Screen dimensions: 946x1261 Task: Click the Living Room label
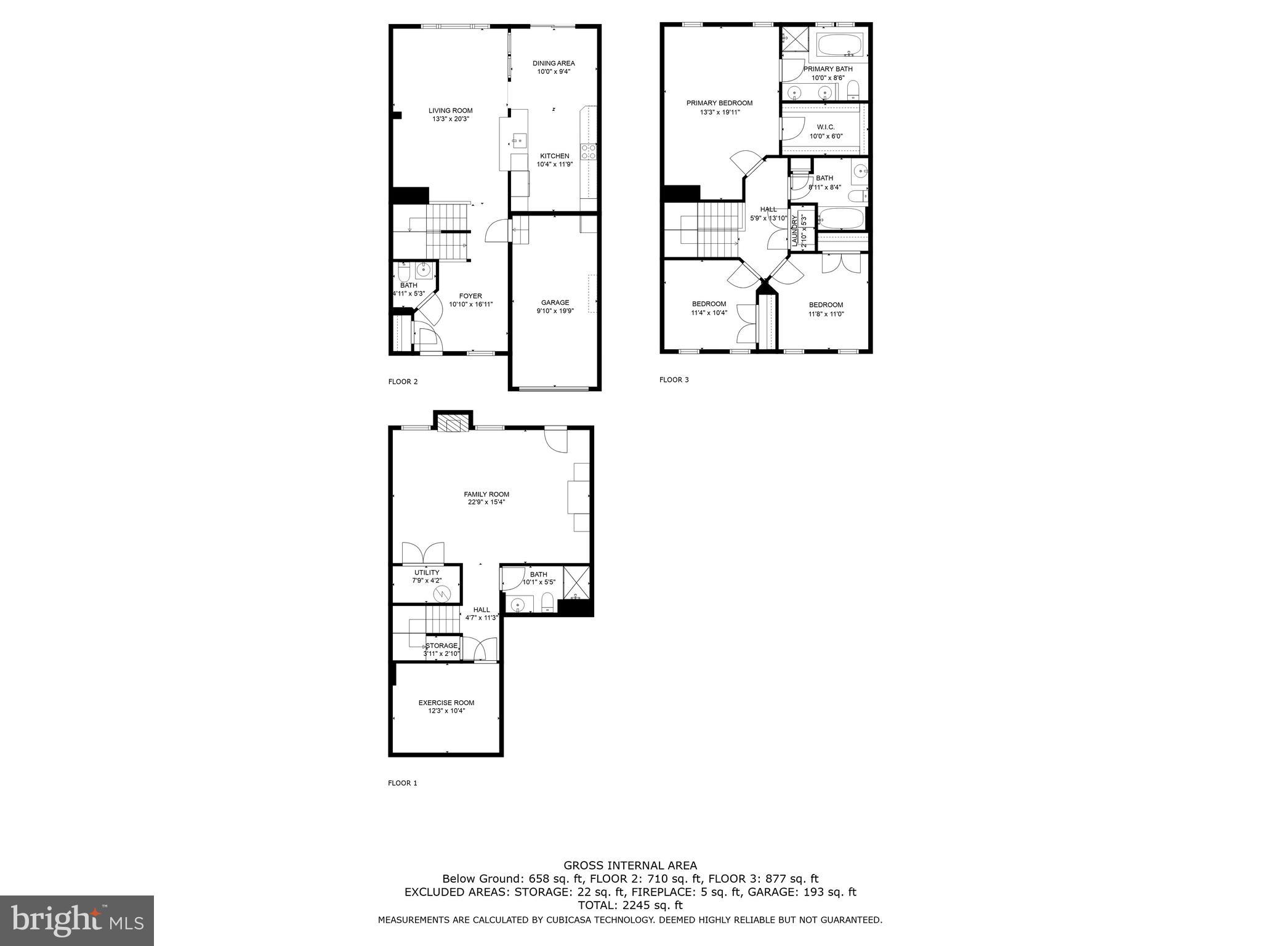[x=450, y=111]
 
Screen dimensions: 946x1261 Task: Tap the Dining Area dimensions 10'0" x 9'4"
[x=554, y=72]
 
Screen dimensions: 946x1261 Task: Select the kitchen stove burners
[x=589, y=152]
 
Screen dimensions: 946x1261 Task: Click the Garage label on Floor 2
[x=555, y=302]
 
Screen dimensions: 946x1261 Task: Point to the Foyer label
[x=470, y=296]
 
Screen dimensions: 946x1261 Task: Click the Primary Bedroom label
[x=719, y=103]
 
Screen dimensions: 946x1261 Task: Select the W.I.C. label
[x=826, y=127]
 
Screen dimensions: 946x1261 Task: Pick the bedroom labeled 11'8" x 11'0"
[x=826, y=309]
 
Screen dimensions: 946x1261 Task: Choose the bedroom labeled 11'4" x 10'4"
[x=709, y=308]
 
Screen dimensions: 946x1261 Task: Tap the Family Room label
[x=486, y=494]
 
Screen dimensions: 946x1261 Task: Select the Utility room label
[x=427, y=573]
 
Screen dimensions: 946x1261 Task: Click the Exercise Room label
[x=446, y=703]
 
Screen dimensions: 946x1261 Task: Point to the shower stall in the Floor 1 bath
[x=576, y=582]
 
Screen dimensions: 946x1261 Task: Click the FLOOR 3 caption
[x=674, y=380]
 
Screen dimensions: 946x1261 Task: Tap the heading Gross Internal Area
[x=630, y=865]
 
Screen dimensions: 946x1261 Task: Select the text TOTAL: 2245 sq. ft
[x=630, y=905]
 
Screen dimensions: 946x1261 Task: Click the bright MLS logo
[x=77, y=921]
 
